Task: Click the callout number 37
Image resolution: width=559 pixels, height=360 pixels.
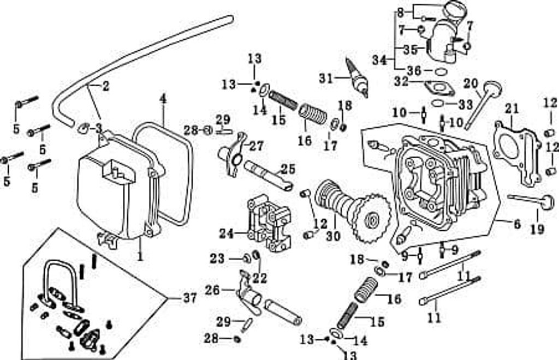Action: coord(189,298)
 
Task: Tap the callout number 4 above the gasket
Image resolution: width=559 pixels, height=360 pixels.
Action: coord(163,99)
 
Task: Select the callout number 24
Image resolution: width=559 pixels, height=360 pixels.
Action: coord(227,234)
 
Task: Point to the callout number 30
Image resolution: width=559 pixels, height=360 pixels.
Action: coord(333,236)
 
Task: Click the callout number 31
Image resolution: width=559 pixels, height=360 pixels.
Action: coord(326,78)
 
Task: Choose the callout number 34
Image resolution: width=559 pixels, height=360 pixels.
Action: coord(380,60)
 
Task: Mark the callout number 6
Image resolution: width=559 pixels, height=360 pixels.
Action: coord(517,224)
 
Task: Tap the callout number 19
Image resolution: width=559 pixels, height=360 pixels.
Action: coord(537,229)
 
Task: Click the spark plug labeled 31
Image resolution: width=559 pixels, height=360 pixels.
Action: coord(358,77)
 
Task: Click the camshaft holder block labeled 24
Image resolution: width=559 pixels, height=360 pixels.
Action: coord(269,223)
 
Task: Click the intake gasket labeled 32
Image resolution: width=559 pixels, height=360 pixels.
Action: coord(439,88)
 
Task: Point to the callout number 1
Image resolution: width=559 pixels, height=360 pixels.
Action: coord(140,255)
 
